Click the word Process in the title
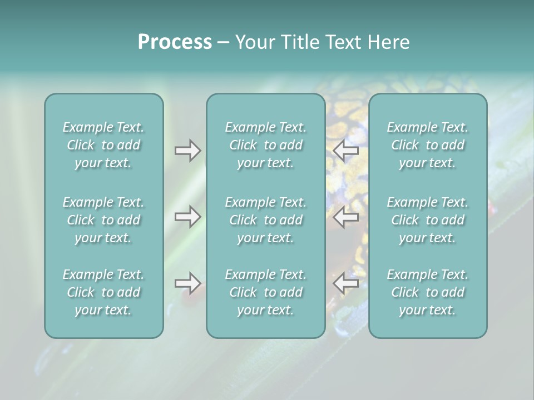[175, 42]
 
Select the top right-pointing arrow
[187, 151]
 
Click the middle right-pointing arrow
[187, 217]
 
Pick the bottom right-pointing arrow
[187, 283]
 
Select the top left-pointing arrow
[346, 151]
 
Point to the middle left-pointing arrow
[346, 217]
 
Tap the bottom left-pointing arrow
[346, 283]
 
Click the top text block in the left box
[103, 145]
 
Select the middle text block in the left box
[103, 220]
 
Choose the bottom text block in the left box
[103, 292]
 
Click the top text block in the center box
[265, 145]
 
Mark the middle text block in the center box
[265, 220]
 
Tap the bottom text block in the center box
[265, 292]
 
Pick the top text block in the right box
[427, 145]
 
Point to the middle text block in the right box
[427, 220]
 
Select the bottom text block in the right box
[427, 292]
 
